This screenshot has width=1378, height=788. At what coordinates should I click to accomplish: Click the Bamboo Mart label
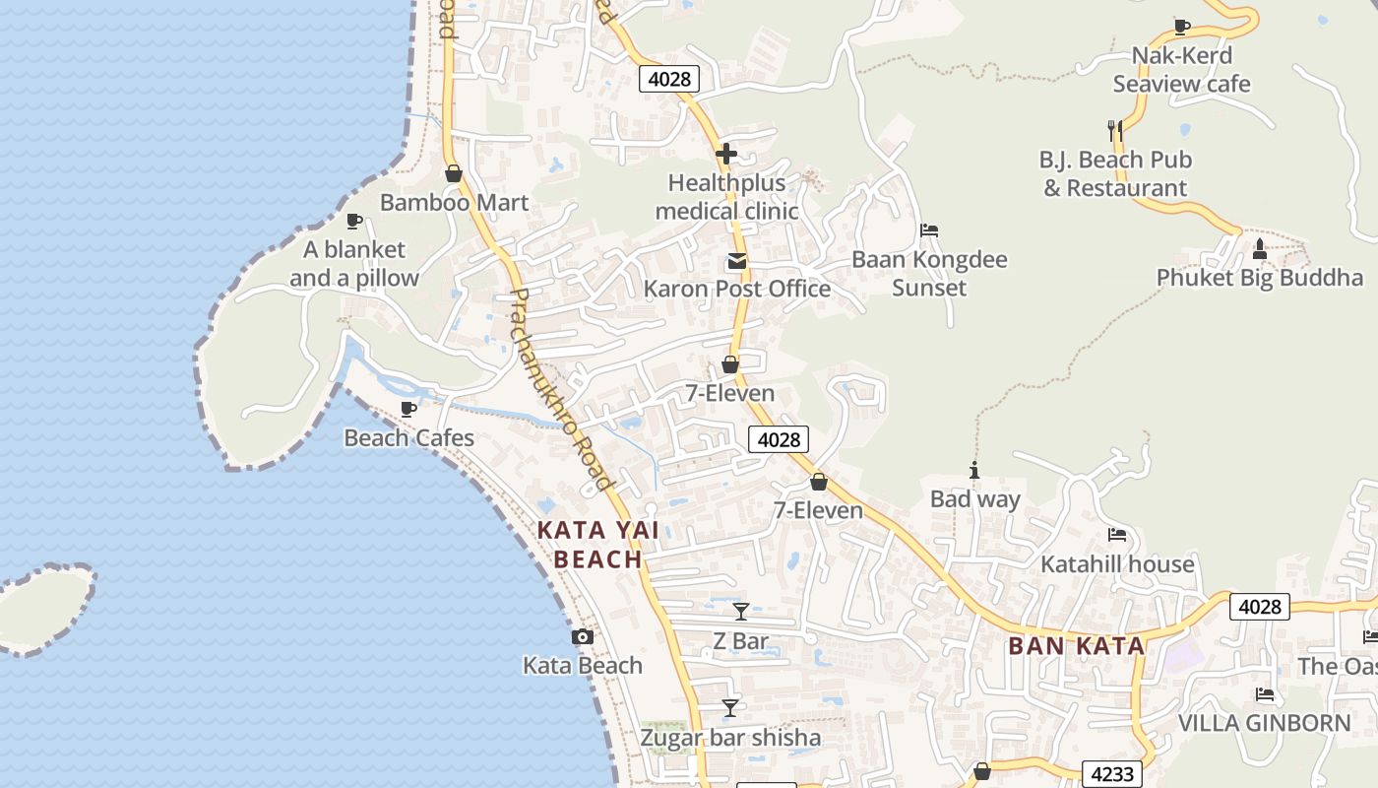click(x=454, y=203)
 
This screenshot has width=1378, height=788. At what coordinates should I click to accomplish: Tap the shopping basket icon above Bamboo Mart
click(x=454, y=174)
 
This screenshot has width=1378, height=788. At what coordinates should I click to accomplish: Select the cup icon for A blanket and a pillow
click(x=354, y=221)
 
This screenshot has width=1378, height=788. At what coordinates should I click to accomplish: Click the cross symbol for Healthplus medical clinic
click(x=726, y=154)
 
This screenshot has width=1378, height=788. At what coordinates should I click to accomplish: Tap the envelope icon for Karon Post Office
click(x=736, y=261)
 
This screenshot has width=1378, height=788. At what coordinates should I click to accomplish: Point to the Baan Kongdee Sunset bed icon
click(x=929, y=230)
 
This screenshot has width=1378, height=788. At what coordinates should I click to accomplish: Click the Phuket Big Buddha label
click(x=1259, y=278)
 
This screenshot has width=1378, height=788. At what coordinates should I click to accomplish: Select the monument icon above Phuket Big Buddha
click(x=1259, y=248)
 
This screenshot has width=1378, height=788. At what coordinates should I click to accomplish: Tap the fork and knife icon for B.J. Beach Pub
click(x=1115, y=129)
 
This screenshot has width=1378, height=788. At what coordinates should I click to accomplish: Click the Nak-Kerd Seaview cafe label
click(x=1181, y=70)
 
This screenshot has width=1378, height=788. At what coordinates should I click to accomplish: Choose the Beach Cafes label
click(x=408, y=438)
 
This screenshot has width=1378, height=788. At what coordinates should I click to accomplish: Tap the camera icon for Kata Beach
click(x=583, y=637)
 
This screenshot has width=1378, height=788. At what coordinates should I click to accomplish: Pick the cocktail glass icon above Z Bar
click(x=741, y=612)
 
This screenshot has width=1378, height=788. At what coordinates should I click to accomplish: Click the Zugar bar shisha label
click(x=730, y=738)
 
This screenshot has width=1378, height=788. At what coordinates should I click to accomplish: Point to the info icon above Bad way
click(x=974, y=471)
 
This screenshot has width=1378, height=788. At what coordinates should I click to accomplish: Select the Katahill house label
click(x=1117, y=564)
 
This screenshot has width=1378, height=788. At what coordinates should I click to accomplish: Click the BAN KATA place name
click(x=1077, y=647)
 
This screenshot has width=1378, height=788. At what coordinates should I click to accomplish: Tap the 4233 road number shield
click(x=1112, y=774)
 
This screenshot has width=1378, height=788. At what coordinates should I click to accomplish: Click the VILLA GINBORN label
click(x=1265, y=723)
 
